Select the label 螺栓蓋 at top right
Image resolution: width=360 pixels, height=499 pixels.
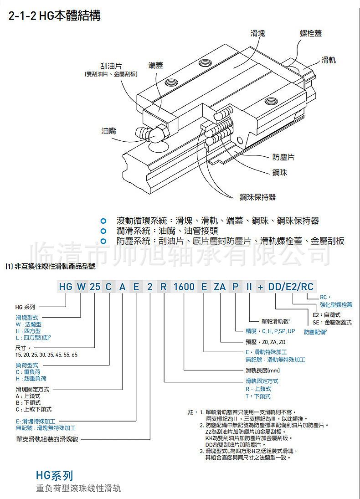click(310, 34)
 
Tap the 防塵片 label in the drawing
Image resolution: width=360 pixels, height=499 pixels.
click(283, 157)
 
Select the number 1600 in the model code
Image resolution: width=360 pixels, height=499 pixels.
click(185, 287)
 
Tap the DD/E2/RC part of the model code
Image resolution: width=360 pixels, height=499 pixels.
click(291, 287)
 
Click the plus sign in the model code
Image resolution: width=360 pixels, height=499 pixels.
click(260, 287)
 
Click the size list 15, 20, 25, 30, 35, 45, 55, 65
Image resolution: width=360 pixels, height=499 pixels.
click(46, 355)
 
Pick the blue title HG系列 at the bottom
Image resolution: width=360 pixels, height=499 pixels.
click(54, 476)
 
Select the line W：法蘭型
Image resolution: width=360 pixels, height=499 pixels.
click(28, 324)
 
